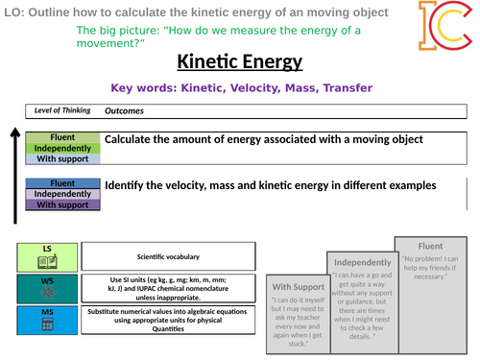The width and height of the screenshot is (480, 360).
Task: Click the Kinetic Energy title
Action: point(239,62)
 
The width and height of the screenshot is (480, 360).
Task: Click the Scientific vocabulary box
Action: point(169,256)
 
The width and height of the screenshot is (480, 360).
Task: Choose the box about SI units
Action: point(169,289)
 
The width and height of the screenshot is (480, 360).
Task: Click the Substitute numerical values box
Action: point(169,321)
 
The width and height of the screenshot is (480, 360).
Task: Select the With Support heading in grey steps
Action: point(300,286)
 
